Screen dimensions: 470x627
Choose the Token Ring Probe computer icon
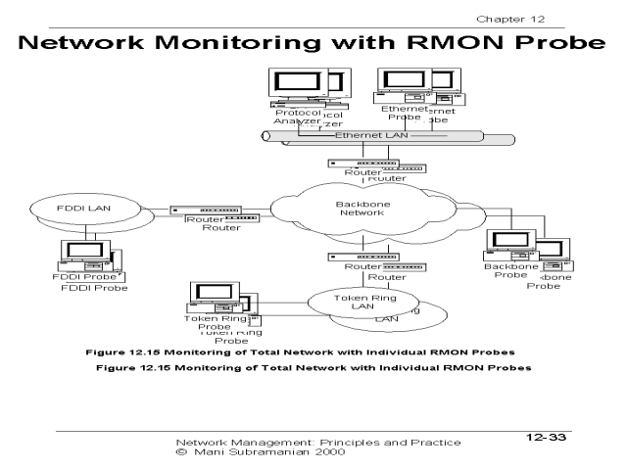tap(213, 297)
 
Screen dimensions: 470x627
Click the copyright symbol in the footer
tap(179, 453)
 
